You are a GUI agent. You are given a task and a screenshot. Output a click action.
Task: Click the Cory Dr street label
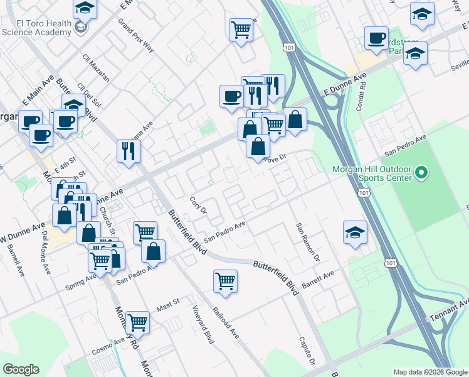click(x=199, y=205)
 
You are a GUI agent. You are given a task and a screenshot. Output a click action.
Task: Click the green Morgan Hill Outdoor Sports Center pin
click(x=421, y=172)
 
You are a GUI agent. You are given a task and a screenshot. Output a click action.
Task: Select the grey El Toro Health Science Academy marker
click(x=80, y=27)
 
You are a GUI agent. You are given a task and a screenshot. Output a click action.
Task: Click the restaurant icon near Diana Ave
click(x=129, y=150)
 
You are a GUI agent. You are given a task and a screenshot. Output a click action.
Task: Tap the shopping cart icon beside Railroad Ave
click(x=225, y=281)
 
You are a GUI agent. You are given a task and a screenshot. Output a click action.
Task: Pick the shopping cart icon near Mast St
click(x=137, y=323)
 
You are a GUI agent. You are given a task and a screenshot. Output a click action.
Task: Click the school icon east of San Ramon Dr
click(x=355, y=232)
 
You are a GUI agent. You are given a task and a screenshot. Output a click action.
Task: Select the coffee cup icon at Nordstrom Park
click(x=377, y=38)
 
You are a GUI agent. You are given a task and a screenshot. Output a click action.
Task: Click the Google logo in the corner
click(x=21, y=369)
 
